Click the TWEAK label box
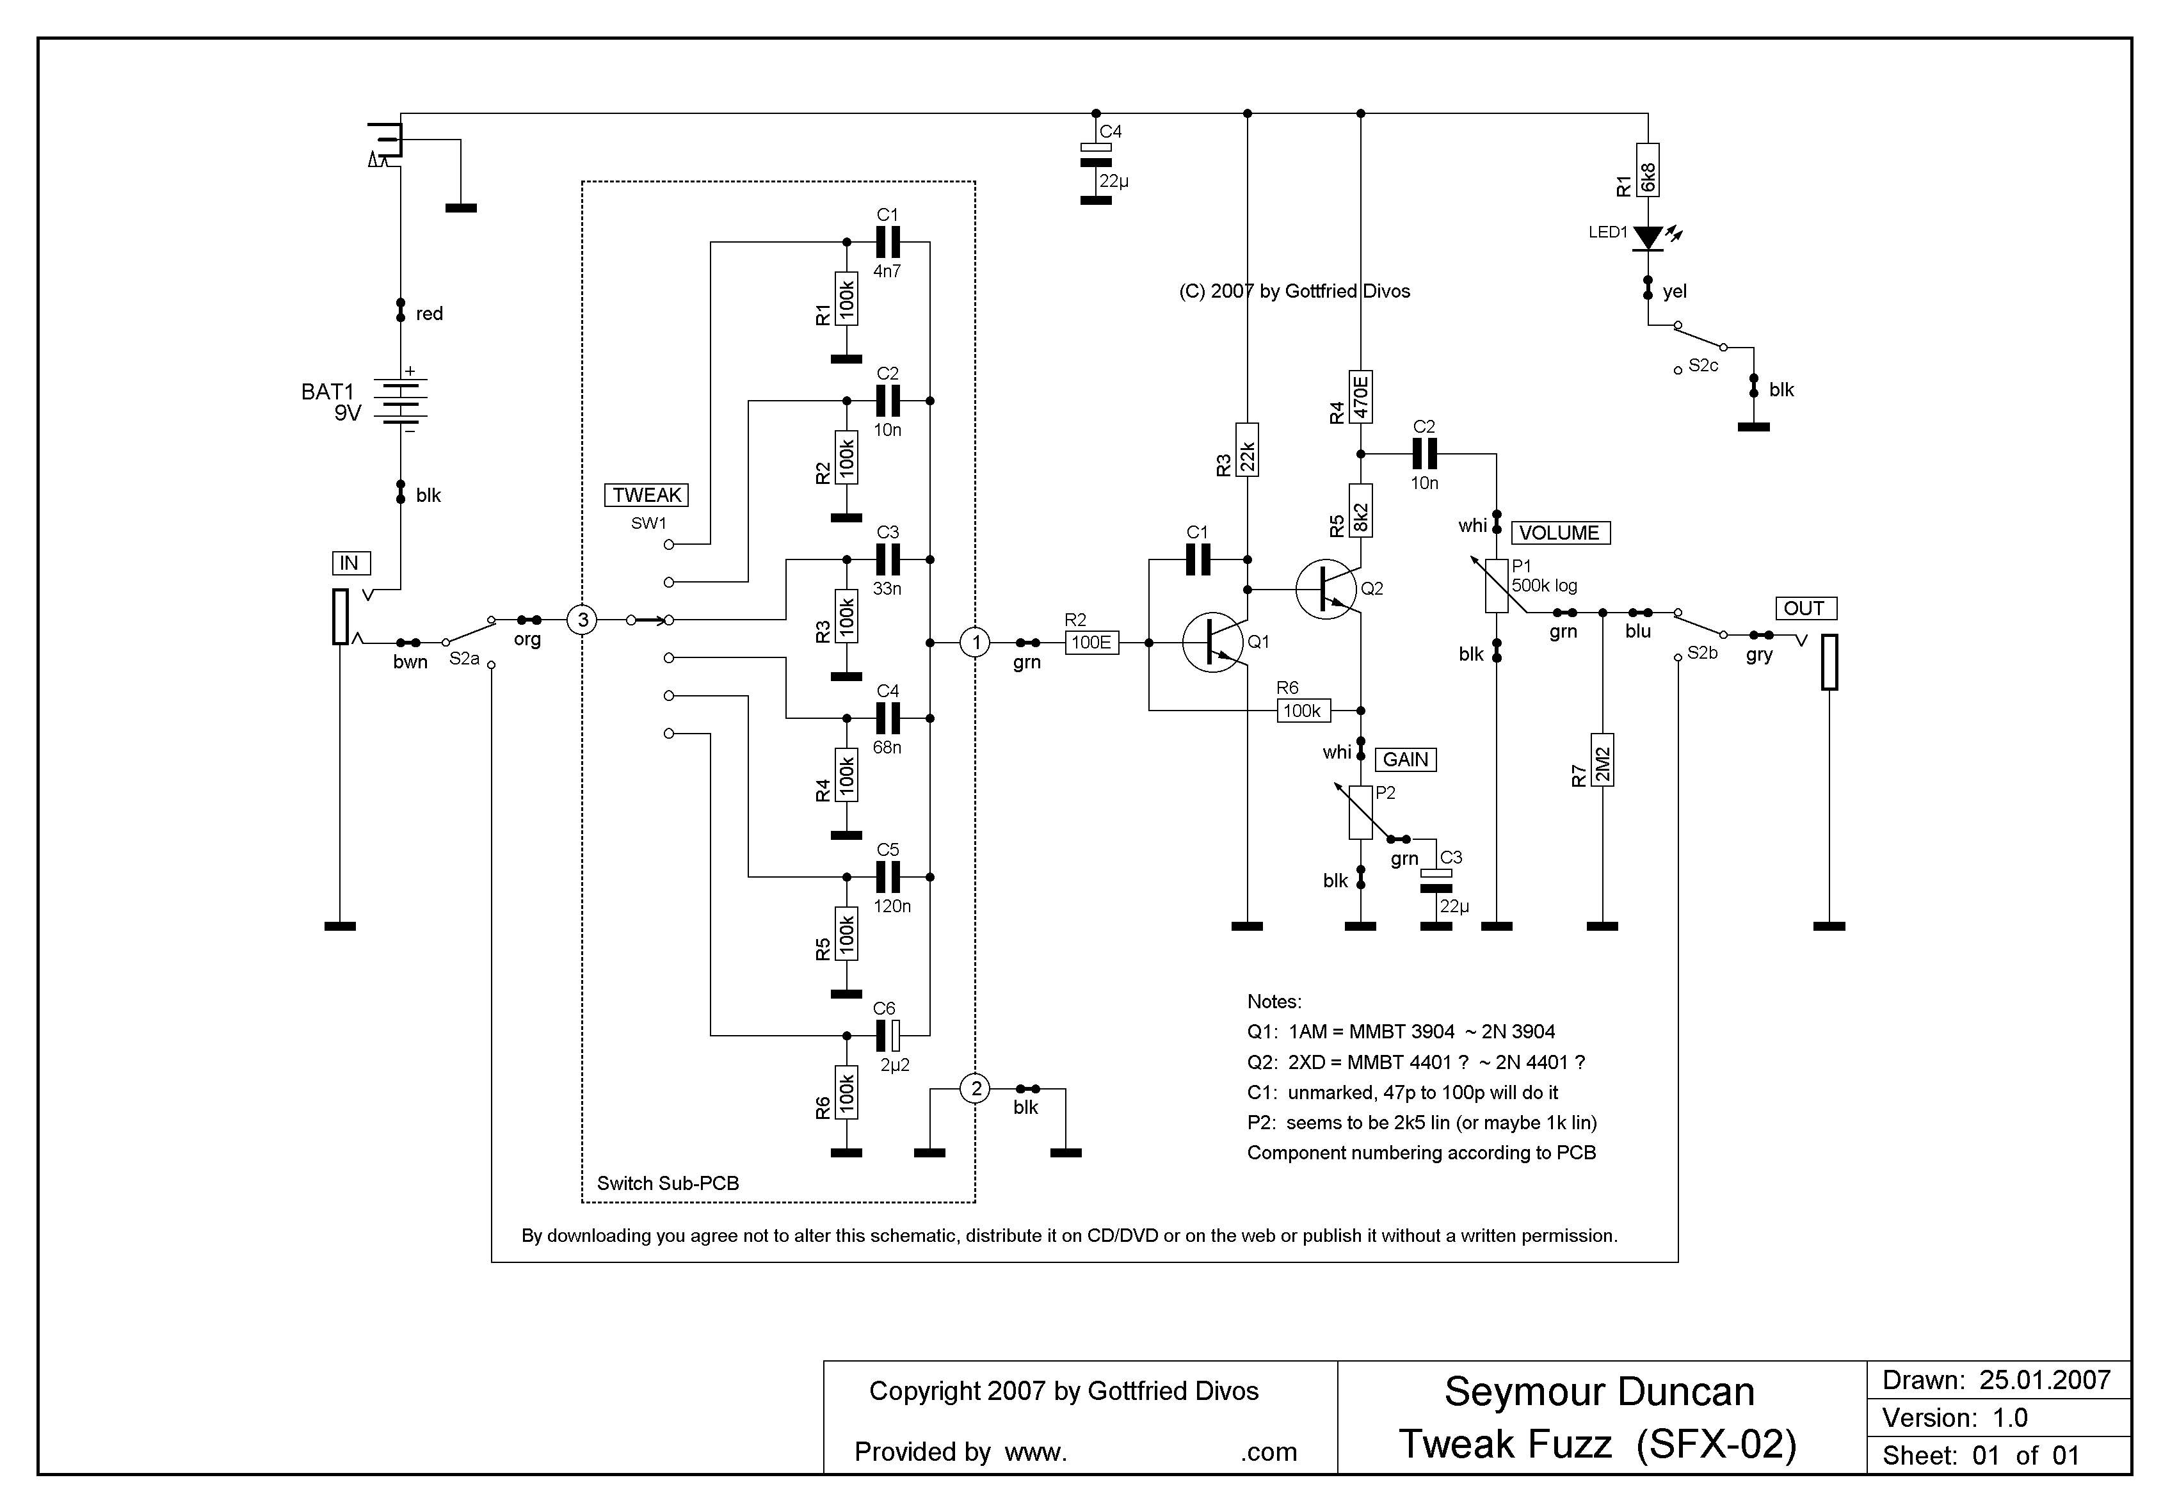coord(647,495)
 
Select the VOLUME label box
coord(1559,533)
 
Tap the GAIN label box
coord(1406,760)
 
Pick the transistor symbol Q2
coord(1326,590)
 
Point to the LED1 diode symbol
coord(1648,238)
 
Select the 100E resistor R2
coord(1091,643)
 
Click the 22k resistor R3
coord(1248,450)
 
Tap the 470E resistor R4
coord(1361,397)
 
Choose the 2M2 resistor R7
coord(1603,760)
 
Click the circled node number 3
coord(583,620)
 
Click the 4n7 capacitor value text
coord(887,271)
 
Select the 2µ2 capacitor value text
coord(894,1065)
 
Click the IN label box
coord(350,563)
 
